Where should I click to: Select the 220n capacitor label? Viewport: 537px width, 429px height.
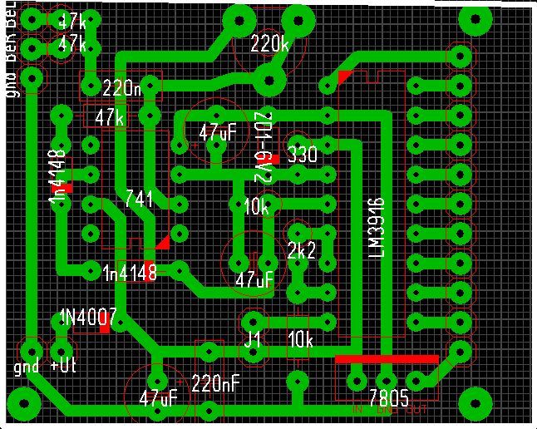tap(122, 86)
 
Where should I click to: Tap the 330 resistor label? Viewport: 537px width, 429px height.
tap(302, 155)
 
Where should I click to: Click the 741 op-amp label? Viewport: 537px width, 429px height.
tap(138, 199)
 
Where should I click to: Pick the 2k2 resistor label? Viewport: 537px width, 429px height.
tap(301, 250)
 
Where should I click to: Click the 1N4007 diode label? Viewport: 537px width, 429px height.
tap(87, 317)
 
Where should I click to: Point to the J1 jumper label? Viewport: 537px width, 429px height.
tap(253, 340)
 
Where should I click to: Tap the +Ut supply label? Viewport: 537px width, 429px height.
tap(64, 367)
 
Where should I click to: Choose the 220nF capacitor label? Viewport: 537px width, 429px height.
tap(216, 383)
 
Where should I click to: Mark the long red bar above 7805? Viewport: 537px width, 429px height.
tap(387, 359)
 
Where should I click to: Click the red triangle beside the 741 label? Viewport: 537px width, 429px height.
tap(162, 242)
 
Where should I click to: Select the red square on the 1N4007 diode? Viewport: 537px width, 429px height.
tap(104, 329)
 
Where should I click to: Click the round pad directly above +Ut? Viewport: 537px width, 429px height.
tap(60, 348)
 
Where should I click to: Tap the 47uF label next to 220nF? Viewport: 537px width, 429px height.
tap(158, 397)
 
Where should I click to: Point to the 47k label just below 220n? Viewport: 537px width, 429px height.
tap(109, 118)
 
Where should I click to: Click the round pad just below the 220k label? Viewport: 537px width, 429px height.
tap(269, 81)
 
